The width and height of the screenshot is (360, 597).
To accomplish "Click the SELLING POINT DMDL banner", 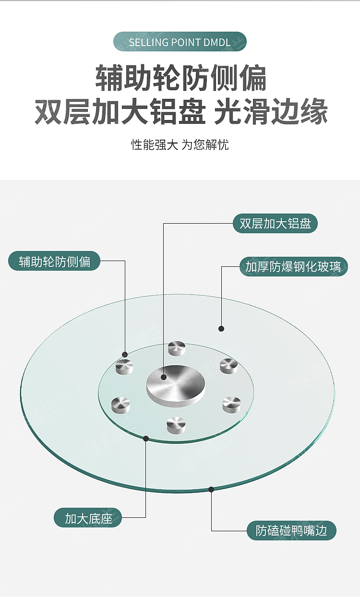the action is pos(180,42).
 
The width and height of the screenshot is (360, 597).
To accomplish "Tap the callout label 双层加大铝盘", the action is pos(275,224).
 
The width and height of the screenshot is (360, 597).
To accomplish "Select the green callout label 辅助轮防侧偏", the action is pos(54,262).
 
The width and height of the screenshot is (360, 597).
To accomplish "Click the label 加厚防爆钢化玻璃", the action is pos(293,266).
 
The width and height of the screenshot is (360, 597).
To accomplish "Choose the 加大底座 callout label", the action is pos(88,518).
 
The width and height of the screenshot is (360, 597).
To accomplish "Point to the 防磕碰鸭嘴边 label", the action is pos(291,530).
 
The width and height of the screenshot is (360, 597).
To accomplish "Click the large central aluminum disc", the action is pos(176,384).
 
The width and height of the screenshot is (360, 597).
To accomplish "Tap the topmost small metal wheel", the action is pos(177,348).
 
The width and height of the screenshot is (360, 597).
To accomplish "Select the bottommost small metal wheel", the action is pos(176,424).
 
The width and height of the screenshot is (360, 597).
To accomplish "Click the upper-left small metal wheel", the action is pos(125,367).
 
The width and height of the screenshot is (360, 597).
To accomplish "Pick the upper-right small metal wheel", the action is pos(228,366).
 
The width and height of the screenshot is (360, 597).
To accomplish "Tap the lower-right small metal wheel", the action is pos(231,404).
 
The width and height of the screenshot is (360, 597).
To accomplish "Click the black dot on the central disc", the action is pos(164,377).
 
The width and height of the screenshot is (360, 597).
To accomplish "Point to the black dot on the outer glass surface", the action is pos(221,329).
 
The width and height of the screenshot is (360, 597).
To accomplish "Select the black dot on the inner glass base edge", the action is pos(146,438).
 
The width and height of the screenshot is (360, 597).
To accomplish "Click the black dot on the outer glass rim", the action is pos(211,490).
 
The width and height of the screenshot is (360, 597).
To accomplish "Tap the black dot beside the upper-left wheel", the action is pos(125,354).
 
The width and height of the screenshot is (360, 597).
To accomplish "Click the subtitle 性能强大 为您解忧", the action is pos(180,144).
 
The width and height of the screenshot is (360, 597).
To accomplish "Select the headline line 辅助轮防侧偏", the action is pos(180,78).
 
